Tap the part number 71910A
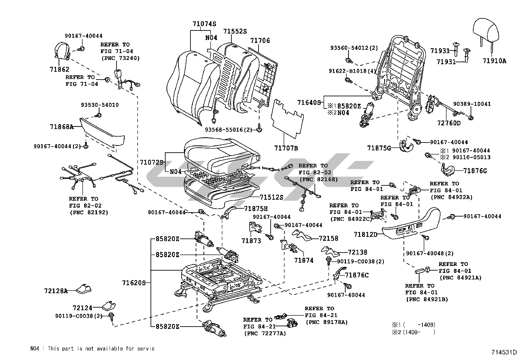[494, 61]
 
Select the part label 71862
[60, 69]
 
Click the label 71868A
[62, 126]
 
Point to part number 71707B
[286, 148]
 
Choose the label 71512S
[271, 197]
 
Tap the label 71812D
[366, 235]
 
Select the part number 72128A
[56, 291]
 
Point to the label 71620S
[134, 282]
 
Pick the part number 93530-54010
[100, 105]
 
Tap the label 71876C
[357, 275]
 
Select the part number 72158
[329, 238]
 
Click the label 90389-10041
[472, 104]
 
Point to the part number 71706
[260, 41]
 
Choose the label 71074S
[205, 24]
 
